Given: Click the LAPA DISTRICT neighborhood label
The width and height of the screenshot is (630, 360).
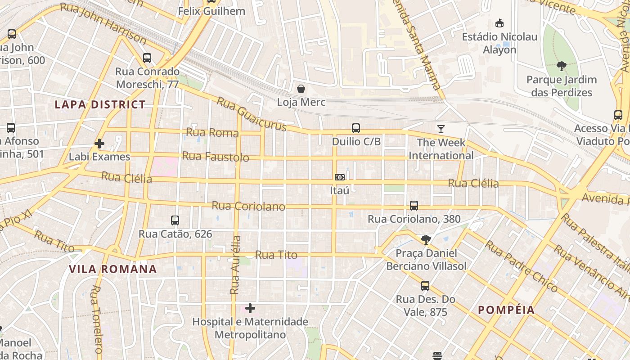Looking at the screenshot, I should pos(100,105).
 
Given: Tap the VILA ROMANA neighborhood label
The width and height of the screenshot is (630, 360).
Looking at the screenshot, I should pos(112,269).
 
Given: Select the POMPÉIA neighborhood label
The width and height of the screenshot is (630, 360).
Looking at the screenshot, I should pos(506,310).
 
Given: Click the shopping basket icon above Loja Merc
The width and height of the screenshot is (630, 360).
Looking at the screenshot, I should pos(301,89).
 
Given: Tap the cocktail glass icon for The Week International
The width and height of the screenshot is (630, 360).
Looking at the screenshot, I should pos(441,129).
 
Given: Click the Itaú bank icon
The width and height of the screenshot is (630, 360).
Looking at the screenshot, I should pos(340,177).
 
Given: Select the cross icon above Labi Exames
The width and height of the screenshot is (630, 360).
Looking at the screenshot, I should pos(99,144).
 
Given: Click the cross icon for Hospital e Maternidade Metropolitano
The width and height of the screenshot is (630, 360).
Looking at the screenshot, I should pos(250,308).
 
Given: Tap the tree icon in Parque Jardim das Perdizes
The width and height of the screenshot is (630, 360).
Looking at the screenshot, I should pos(561,67).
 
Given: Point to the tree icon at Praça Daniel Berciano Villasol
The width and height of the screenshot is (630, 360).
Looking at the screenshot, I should pos(426,239).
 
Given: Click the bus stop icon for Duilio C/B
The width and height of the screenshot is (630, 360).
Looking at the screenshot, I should pos(356,128).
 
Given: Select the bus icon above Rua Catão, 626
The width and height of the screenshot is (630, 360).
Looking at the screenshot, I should pos(175,220).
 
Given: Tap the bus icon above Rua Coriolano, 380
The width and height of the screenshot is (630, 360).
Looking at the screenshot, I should pos(414,206).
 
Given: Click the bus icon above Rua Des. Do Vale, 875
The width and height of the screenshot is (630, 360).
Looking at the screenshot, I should pos(425,286).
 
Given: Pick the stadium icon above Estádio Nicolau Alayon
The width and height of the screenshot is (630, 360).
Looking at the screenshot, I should pos(499,23).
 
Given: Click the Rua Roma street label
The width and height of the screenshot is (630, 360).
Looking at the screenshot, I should pos(212,132).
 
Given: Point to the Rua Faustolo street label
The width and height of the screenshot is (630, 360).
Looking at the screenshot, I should pos(216,157).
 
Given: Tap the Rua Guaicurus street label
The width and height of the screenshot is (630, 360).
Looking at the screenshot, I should pos(251,114).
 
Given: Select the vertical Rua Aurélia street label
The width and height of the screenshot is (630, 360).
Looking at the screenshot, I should pos(235,265).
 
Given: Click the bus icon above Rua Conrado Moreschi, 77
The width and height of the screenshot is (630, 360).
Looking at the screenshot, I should pos(147,58).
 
